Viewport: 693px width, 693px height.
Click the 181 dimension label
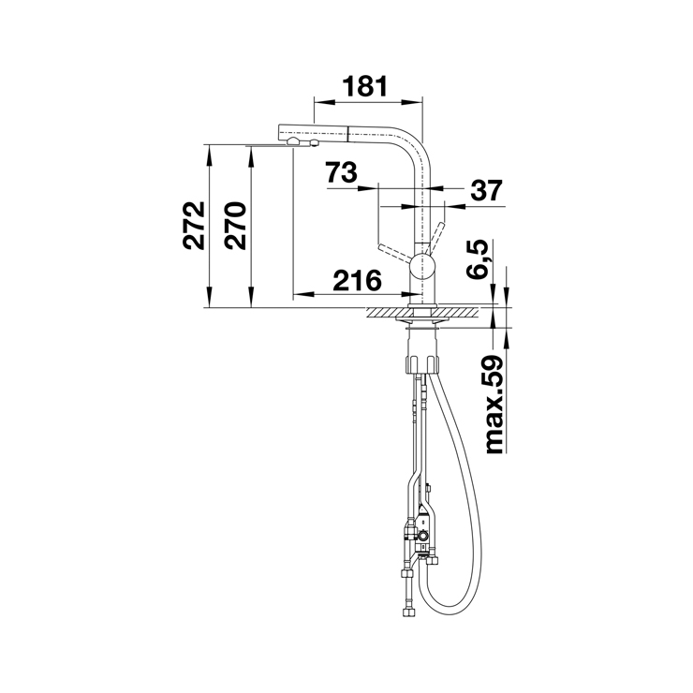pos(365,86)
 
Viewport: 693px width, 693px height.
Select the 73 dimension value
pos(341,172)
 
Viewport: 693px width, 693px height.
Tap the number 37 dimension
pos(487,190)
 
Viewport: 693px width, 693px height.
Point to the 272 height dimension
pos(194,226)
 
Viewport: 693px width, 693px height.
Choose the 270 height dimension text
pos(235,226)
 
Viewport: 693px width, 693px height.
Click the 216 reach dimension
pos(357,280)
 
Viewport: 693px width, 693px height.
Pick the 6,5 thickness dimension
pos(478,259)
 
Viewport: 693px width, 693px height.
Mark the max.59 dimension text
pos(494,404)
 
